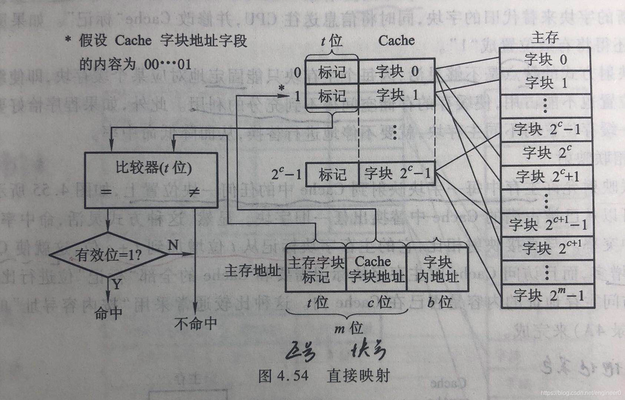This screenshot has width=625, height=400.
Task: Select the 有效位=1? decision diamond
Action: (x=108, y=255)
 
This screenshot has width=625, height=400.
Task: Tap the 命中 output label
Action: (x=108, y=313)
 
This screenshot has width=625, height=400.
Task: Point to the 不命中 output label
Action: (x=195, y=323)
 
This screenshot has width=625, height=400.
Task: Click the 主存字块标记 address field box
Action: (x=316, y=270)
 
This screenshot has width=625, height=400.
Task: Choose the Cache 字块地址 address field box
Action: (x=376, y=270)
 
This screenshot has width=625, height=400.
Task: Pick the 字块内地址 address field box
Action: (x=437, y=270)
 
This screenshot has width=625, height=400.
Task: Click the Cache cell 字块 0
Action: (x=397, y=71)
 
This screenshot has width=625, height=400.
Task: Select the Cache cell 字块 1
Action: (x=397, y=96)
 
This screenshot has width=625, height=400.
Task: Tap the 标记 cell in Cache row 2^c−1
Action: (x=333, y=174)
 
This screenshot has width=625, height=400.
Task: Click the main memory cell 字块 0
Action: (x=546, y=59)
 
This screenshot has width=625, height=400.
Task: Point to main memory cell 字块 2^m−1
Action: (x=548, y=295)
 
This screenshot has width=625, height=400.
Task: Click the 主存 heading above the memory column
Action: (x=545, y=37)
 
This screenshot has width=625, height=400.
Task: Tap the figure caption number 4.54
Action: (x=293, y=376)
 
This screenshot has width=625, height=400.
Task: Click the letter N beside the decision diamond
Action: (x=173, y=245)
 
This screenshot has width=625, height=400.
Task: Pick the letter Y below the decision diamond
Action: (x=117, y=284)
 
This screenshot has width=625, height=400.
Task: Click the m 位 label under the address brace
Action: (x=348, y=328)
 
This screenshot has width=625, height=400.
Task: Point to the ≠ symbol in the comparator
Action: (x=194, y=192)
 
